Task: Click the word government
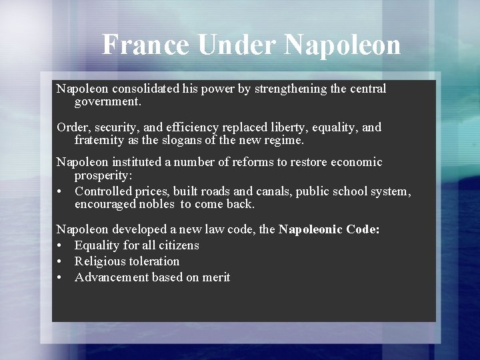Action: [108, 103]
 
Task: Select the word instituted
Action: [141, 162]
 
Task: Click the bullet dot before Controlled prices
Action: [60, 192]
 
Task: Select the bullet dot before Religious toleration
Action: [60, 262]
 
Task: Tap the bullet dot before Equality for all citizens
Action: [60, 246]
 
